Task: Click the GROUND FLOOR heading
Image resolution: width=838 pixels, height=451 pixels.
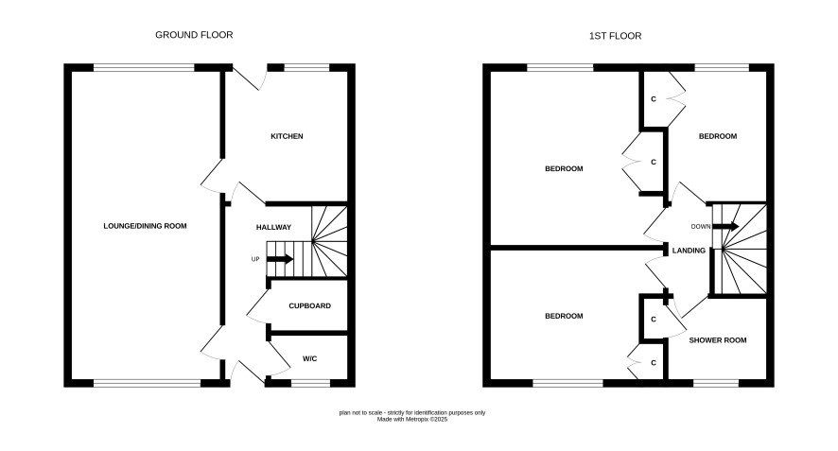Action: point(194,35)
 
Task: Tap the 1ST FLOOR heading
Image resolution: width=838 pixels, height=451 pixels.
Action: point(615,36)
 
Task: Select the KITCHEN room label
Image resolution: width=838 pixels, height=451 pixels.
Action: point(287,136)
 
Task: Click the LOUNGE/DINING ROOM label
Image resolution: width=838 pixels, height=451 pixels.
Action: point(145,226)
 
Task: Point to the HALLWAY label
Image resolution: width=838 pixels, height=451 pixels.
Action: point(273,227)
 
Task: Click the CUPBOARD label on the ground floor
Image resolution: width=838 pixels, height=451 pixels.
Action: point(310,306)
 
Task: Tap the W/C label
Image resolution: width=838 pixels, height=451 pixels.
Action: point(310,358)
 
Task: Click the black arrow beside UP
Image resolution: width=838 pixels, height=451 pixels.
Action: point(280,259)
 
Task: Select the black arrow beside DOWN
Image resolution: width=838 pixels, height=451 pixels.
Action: point(725,227)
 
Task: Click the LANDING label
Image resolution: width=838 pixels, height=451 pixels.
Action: point(689,251)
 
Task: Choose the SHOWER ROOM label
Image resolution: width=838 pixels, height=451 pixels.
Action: point(718,340)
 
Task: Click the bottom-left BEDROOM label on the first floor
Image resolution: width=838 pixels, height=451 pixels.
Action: point(564,317)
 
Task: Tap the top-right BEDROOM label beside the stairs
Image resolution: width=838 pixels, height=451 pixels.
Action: point(718,136)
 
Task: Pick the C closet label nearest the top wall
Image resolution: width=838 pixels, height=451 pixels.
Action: point(653,99)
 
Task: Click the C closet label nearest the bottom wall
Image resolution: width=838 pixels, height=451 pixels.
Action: point(653,363)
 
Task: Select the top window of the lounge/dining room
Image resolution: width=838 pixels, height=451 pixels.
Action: point(144,67)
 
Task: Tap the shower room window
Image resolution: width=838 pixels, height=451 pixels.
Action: point(716,383)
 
